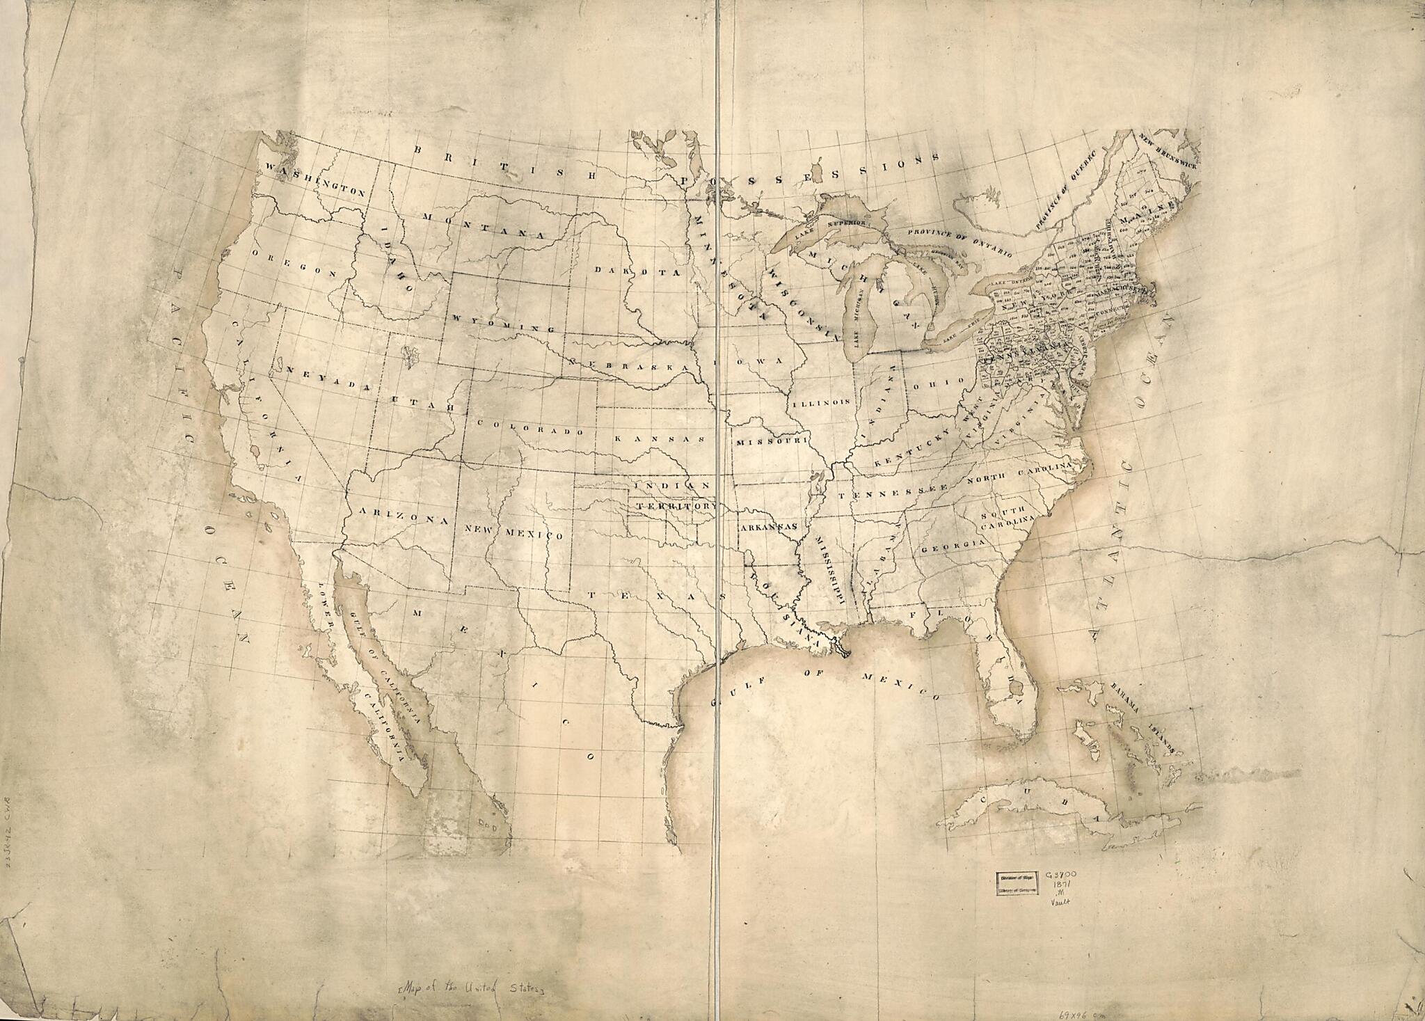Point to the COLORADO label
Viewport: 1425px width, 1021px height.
tap(533, 427)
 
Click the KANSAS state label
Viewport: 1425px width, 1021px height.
tap(660, 439)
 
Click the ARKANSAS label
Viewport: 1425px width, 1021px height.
tap(767, 528)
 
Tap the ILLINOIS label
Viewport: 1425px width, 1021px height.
tap(822, 402)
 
